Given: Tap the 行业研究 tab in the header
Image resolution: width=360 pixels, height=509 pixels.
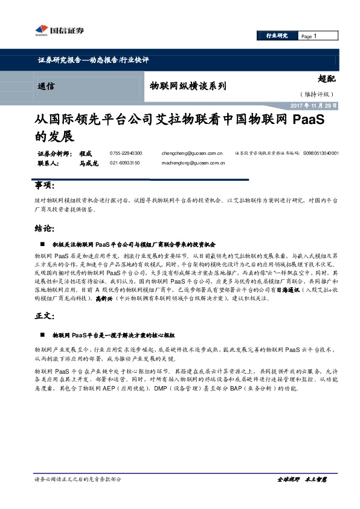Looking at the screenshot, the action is [277, 36].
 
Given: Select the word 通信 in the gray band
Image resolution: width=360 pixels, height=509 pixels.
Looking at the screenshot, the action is [45, 86].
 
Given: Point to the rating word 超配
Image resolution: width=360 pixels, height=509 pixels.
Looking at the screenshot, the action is [326, 79].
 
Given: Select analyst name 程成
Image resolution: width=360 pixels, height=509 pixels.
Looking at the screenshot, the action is [87, 154].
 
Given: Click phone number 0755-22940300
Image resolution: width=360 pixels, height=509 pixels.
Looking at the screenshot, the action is [126, 154].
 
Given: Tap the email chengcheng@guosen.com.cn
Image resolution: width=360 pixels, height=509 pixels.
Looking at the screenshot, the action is [191, 154].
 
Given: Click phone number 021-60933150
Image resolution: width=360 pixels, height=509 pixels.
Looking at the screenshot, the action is [125, 163].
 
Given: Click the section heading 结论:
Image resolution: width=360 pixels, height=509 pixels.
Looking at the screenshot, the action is [45, 229].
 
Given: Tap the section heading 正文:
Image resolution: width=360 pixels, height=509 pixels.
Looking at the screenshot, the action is [45, 317].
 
